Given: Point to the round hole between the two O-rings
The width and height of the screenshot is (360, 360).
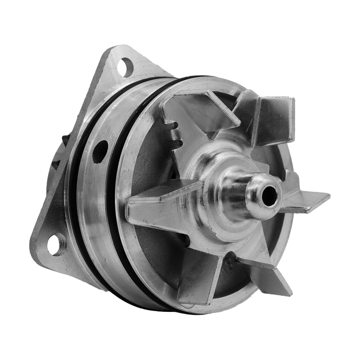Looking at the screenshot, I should click(x=101, y=150).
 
